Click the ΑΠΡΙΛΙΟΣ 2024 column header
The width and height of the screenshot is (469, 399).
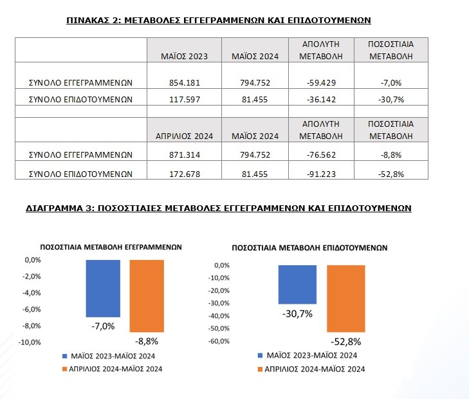click(184, 136)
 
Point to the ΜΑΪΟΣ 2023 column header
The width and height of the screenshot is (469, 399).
click(184, 56)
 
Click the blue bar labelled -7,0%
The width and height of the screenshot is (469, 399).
click(103, 288)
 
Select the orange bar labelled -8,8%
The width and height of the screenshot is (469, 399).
click(147, 296)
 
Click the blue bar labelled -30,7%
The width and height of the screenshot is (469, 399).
click(297, 284)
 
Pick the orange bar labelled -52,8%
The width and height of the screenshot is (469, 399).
click(345, 299)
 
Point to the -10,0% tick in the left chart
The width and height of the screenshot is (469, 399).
click(30, 342)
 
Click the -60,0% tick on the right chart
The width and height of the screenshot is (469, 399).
click(219, 341)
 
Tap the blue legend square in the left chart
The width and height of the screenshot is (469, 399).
click(64, 357)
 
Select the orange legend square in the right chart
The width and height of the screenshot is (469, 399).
click(260, 369)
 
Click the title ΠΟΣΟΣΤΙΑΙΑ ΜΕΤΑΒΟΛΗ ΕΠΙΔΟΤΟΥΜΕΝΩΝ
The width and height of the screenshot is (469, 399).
click(309, 248)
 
